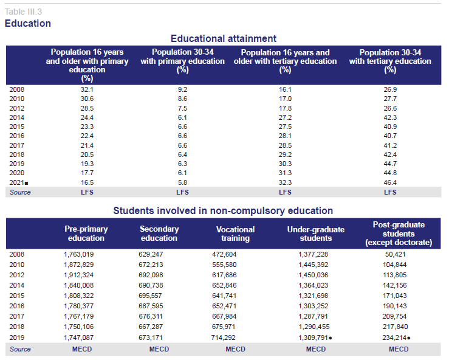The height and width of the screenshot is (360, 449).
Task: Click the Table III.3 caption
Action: (x=23, y=12)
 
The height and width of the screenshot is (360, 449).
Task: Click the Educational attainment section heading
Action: (x=224, y=38)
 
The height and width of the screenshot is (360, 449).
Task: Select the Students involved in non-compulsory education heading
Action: (x=223, y=210)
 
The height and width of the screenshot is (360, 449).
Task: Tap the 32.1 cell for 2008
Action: (x=87, y=89)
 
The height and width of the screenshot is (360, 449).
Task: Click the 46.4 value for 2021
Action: (x=390, y=182)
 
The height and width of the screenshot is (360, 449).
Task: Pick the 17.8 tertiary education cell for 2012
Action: (x=285, y=108)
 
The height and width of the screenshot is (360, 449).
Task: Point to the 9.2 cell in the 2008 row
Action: (x=182, y=89)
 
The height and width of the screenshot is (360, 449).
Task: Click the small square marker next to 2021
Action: (x=26, y=183)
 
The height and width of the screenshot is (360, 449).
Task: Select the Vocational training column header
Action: (x=235, y=234)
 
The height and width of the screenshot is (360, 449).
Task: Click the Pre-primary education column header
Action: (x=86, y=234)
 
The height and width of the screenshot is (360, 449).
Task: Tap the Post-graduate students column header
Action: (x=399, y=234)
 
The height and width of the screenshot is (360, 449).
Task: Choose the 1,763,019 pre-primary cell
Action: (x=79, y=254)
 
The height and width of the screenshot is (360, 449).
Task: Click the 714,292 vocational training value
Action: (x=224, y=337)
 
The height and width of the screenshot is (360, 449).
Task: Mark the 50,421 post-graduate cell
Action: (x=395, y=254)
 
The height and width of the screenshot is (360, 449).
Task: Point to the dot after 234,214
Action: (x=409, y=338)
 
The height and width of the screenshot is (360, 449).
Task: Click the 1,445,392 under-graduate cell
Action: (x=314, y=265)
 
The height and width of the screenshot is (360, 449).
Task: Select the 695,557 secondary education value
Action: (x=150, y=296)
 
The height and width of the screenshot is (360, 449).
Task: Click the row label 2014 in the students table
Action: (x=16, y=285)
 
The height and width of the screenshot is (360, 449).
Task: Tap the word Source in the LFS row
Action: (x=20, y=192)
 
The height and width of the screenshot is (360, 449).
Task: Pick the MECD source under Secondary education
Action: (x=159, y=349)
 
